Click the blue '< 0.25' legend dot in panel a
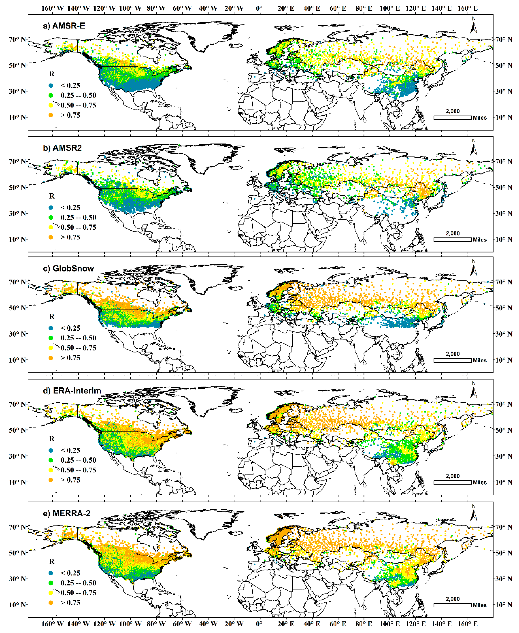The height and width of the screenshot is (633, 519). [51, 85]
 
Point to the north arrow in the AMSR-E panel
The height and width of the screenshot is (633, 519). [474, 26]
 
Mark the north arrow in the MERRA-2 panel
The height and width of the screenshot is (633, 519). [474, 514]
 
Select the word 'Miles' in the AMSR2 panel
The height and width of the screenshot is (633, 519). [480, 240]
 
